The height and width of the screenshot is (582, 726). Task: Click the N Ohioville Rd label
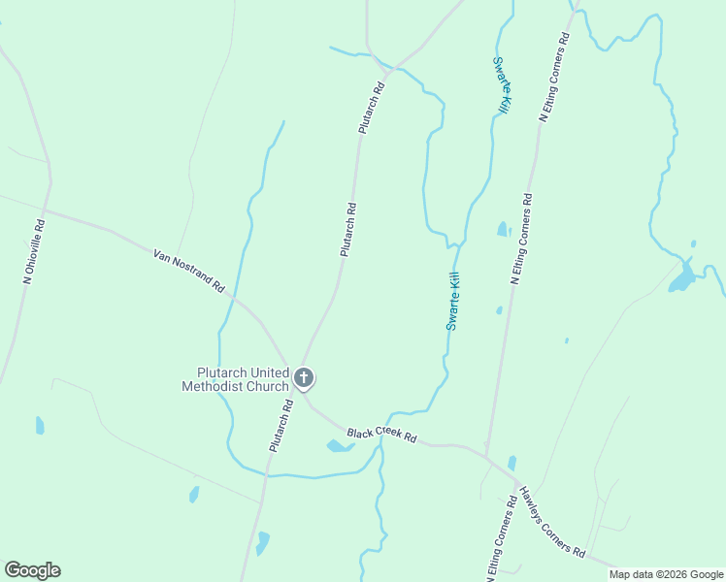coord(35,250)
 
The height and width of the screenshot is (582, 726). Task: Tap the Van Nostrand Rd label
coord(188,271)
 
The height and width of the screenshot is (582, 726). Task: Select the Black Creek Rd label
coord(381,436)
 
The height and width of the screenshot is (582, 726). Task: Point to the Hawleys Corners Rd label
coord(551,521)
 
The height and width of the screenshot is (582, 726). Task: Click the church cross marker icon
coord(304,377)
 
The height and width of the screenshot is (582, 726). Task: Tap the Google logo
coord(32,570)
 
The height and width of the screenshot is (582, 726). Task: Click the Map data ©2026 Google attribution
coord(667,574)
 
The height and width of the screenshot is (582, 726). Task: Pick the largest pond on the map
coord(683,276)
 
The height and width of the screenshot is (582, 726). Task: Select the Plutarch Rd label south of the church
coord(280,425)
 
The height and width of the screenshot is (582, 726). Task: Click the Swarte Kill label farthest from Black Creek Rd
coord(501,85)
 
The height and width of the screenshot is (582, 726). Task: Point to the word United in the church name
coord(269,372)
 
